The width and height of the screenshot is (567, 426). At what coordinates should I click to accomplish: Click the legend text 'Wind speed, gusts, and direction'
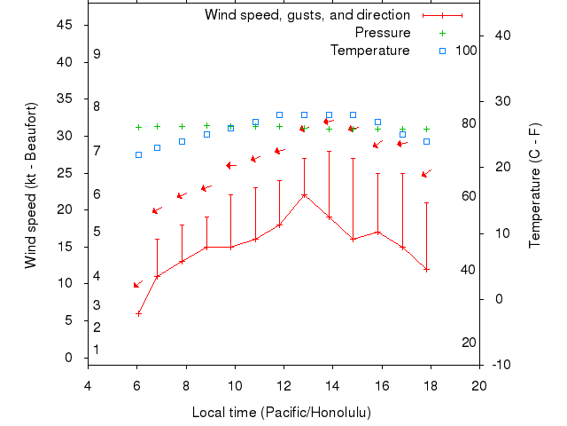pyautogui.click(x=307, y=15)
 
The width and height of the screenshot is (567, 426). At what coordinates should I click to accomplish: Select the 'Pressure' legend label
pyautogui.click(x=383, y=33)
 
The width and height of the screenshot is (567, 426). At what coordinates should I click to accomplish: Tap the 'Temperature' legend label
pyautogui.click(x=370, y=51)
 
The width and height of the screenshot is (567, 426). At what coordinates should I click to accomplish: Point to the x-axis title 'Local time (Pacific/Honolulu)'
pyautogui.click(x=282, y=413)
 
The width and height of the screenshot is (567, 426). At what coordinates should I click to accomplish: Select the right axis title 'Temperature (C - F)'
pyautogui.click(x=534, y=185)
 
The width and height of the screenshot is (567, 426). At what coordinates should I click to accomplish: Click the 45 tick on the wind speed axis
pyautogui.click(x=65, y=25)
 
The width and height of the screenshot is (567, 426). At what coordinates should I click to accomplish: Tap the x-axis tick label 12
pyautogui.click(x=283, y=385)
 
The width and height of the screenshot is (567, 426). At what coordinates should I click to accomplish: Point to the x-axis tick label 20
pyautogui.click(x=479, y=385)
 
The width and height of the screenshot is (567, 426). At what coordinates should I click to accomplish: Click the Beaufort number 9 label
pyautogui.click(x=97, y=54)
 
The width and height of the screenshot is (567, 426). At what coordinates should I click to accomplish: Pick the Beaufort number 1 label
pyautogui.click(x=97, y=350)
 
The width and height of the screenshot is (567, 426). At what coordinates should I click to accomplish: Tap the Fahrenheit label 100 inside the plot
pyautogui.click(x=466, y=50)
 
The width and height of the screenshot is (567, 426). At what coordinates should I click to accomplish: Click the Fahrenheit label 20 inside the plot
pyautogui.click(x=469, y=343)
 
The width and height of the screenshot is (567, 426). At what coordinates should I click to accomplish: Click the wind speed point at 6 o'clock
pyautogui.click(x=138, y=313)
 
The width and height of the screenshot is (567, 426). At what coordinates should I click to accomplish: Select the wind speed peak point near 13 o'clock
pyautogui.click(x=304, y=195)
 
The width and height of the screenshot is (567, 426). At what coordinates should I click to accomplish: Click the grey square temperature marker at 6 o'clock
pyautogui.click(x=138, y=154)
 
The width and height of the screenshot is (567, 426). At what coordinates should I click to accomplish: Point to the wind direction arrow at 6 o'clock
pyautogui.click(x=138, y=284)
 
